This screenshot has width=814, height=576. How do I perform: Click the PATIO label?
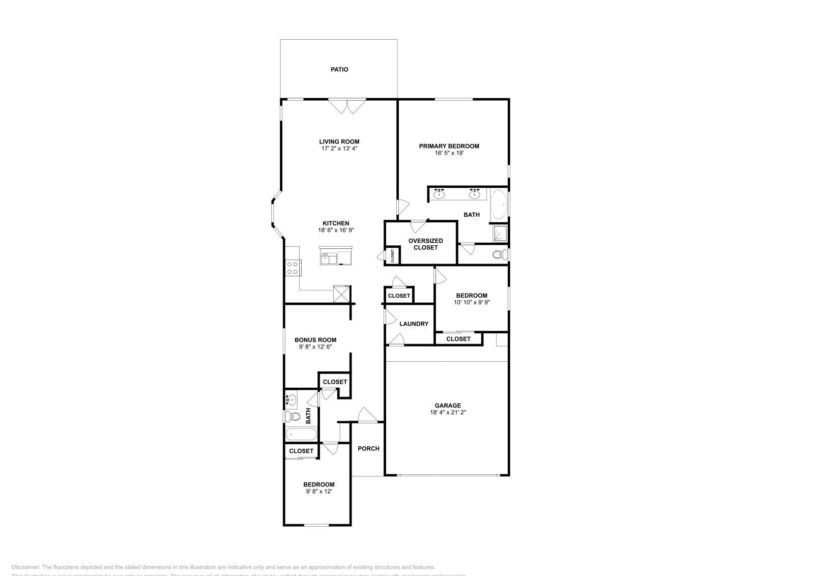[339, 69]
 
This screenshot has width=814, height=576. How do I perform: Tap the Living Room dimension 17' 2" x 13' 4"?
[339, 149]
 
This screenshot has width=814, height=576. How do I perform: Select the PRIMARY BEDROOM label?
[449, 146]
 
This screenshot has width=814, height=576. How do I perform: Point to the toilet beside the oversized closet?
[500, 254]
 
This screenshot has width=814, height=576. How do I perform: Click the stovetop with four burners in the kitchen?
[293, 267]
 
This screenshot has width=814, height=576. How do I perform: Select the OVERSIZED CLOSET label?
[426, 244]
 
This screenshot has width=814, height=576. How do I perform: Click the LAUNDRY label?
[414, 324]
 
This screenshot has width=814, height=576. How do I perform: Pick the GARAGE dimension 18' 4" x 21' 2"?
[448, 413]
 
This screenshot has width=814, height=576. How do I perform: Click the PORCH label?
[368, 448]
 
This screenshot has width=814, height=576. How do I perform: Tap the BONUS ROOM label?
[315, 340]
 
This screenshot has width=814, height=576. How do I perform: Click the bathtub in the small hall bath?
[301, 434]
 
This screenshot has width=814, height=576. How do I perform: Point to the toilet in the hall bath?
[292, 416]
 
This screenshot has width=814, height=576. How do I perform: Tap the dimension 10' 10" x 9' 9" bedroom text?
[472, 302]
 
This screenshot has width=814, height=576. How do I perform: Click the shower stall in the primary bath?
[499, 233]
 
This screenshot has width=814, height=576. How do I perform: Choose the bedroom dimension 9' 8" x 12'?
[319, 492]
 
